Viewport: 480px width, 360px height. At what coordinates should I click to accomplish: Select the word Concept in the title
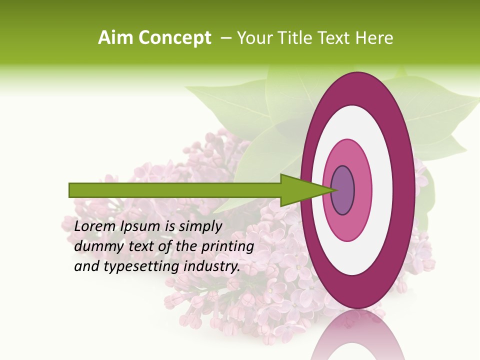pos(175,38)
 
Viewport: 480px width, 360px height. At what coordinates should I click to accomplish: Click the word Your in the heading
pos(254,38)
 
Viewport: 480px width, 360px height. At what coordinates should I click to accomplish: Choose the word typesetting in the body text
pos(136,267)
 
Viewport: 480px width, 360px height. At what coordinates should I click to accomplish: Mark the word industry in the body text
pos(212,267)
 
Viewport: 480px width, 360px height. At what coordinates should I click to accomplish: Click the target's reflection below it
pos(357,337)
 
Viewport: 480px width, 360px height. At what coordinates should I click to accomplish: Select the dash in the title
pos(225,38)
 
